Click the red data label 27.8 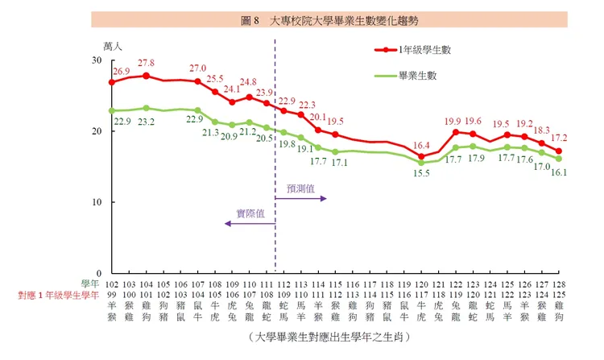146,63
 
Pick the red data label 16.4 421,145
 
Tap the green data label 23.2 146,122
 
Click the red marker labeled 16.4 421,156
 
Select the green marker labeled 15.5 421,163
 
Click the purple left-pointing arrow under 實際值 249,224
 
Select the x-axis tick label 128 559,284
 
